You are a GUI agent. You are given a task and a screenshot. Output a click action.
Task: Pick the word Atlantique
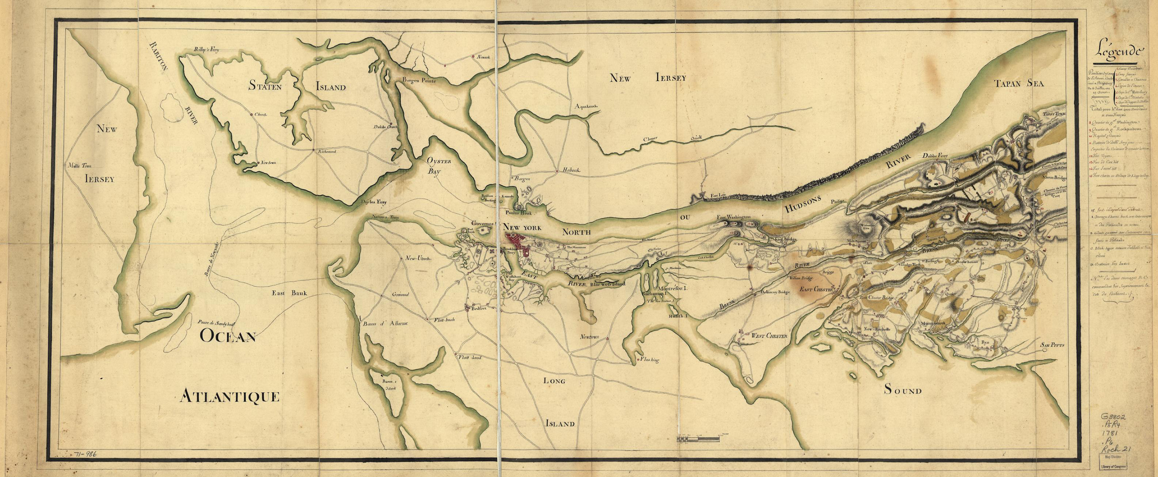(x=230, y=397)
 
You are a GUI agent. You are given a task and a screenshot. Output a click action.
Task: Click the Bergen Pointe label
(x=419, y=79)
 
